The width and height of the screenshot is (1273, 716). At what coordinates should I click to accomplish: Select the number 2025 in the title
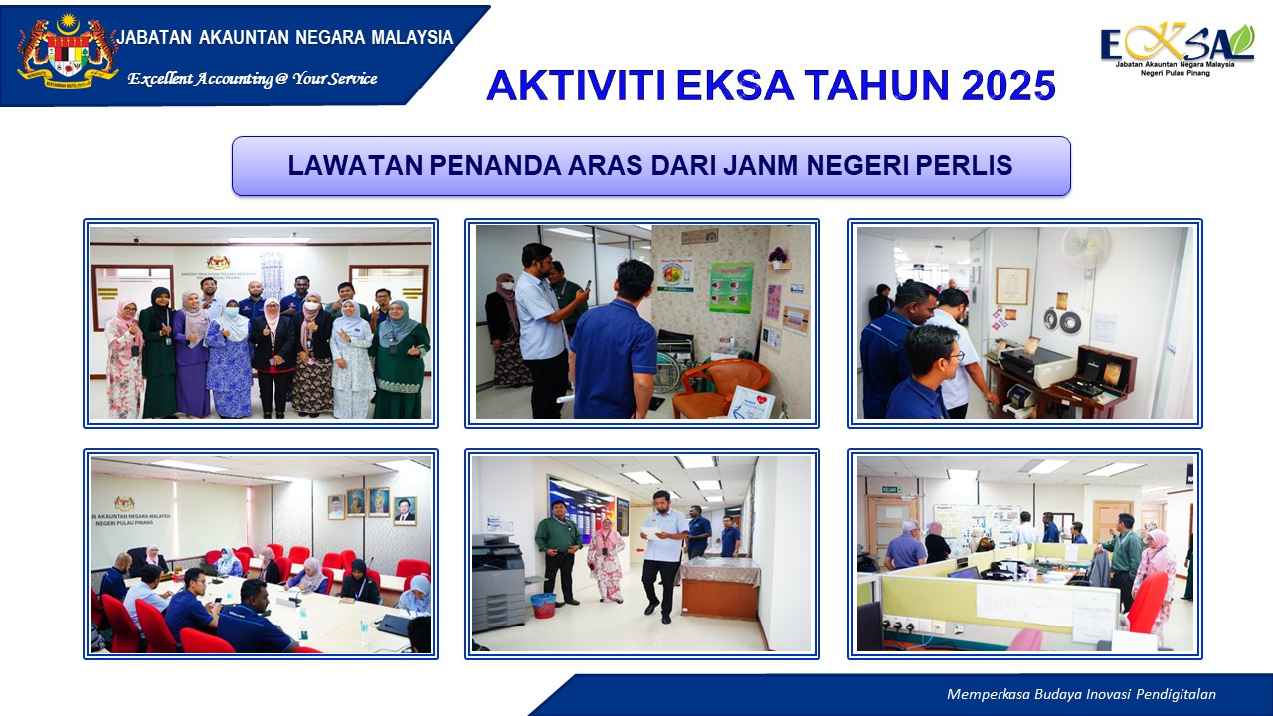(x=1007, y=87)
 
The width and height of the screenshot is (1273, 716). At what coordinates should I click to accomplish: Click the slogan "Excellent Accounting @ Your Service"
(x=253, y=78)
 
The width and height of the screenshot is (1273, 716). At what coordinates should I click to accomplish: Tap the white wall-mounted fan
(x=1086, y=249)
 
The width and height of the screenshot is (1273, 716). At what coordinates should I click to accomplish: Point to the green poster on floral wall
(x=731, y=287)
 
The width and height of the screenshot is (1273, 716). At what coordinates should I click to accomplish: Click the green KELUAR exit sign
(x=890, y=489)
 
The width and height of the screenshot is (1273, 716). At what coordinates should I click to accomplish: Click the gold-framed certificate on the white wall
(x=1011, y=285)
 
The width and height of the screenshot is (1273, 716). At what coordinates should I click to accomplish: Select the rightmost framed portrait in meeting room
(x=404, y=510)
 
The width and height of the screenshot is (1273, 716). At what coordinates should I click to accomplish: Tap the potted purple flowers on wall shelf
(x=778, y=257)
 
